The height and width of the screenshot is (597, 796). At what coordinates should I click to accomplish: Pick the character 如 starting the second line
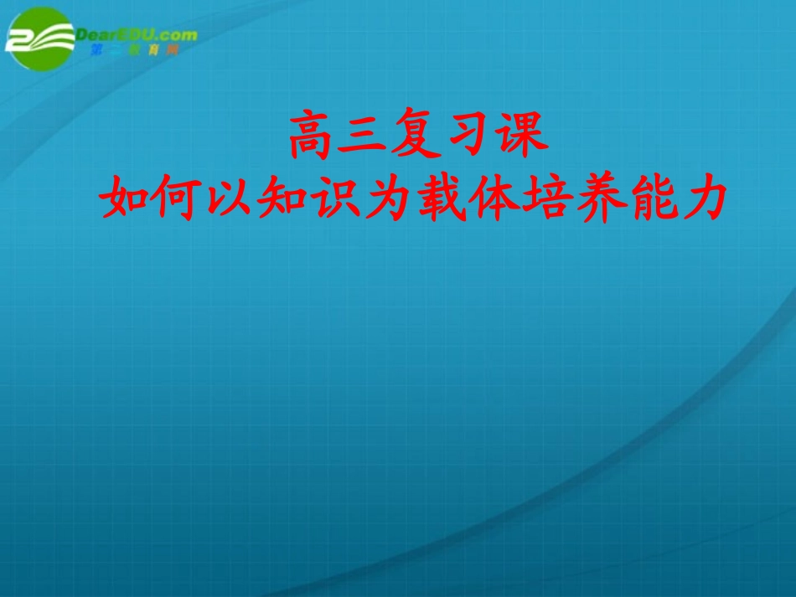124,198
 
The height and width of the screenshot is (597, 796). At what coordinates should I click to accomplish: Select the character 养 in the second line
598,198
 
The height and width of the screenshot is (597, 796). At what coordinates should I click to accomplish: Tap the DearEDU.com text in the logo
137,34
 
